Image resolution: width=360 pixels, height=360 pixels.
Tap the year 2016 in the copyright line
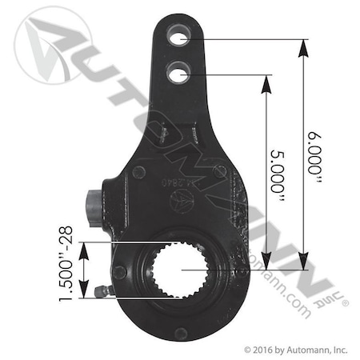[261, 350]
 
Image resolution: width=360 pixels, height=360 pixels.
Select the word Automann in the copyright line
[300, 350]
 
